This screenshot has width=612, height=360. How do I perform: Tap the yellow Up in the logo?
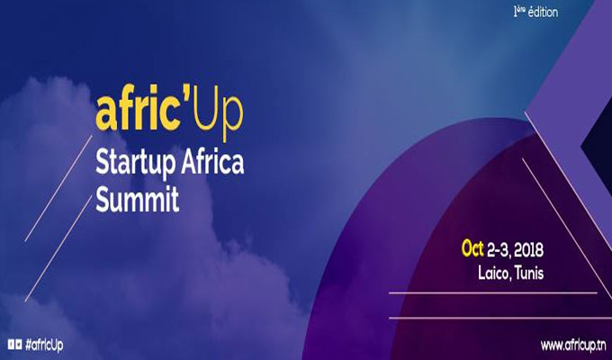(218, 116)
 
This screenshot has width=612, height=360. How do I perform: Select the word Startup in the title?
(136, 163)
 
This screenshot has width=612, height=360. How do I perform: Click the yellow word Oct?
(472, 248)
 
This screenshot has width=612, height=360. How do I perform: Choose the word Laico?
(494, 274)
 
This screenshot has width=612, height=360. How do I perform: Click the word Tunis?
(529, 273)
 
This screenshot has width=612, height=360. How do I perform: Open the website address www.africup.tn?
(573, 346)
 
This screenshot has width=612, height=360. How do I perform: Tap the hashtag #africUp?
(44, 346)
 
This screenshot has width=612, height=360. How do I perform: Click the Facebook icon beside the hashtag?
(11, 345)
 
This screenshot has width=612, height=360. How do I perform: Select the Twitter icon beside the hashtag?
(18, 345)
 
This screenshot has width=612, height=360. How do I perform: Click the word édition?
(543, 12)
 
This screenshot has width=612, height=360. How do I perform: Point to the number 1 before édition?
(516, 12)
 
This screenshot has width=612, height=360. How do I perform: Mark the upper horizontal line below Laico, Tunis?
(493, 292)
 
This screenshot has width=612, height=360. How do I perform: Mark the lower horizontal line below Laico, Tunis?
(500, 318)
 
